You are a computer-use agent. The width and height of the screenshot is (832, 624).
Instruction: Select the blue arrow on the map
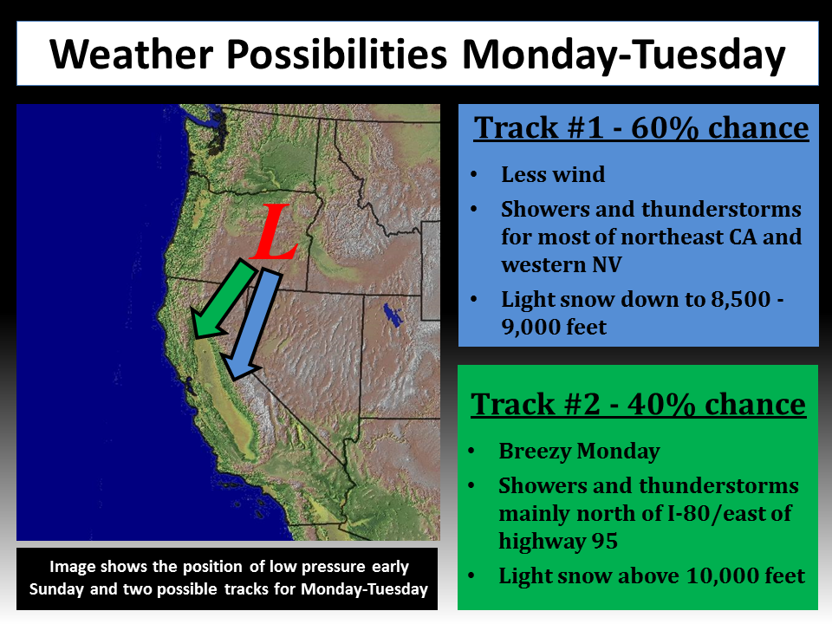tap(252, 323)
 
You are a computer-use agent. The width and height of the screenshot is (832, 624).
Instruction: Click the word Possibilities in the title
tap(337, 55)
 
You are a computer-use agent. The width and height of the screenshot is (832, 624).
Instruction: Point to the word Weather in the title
tap(132, 55)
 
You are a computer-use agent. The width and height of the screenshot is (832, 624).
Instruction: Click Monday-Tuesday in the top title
tap(623, 55)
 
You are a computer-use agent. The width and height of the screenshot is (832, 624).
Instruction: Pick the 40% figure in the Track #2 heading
tap(661, 405)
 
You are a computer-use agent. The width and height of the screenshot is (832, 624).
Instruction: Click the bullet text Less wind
tap(553, 174)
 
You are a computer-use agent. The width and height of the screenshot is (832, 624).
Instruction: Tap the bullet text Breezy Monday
tap(579, 452)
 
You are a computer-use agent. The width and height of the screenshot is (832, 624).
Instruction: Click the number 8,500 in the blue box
tap(740, 300)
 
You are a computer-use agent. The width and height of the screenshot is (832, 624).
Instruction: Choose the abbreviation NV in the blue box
tap(607, 265)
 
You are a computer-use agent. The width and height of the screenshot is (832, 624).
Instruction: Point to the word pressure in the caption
tap(332, 567)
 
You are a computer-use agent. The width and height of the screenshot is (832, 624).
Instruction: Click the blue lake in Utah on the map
tap(393, 314)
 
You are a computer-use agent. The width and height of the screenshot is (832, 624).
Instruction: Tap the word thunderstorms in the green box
tap(719, 486)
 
